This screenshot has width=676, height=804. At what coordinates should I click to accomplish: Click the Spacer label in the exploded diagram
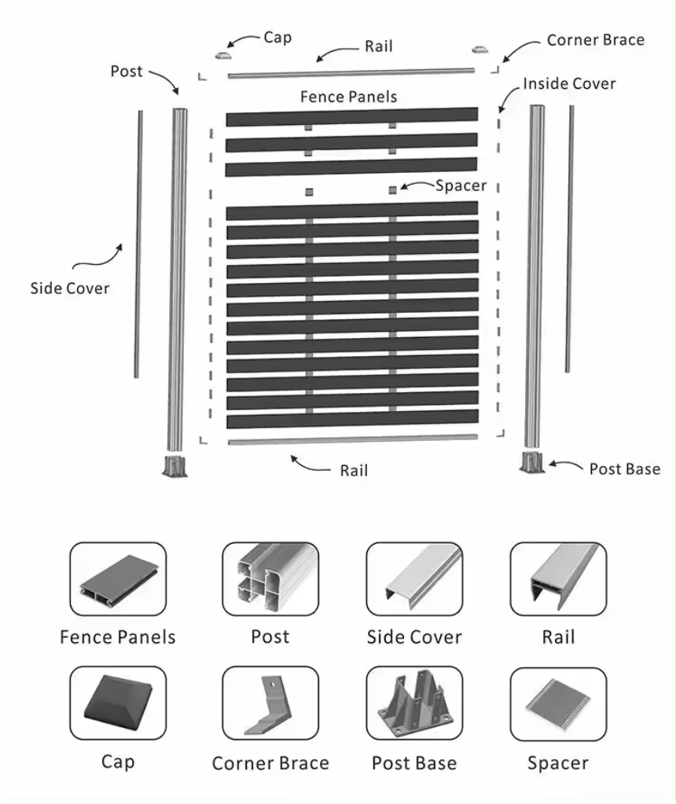[461, 185]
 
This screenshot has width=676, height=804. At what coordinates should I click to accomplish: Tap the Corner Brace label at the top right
[596, 40]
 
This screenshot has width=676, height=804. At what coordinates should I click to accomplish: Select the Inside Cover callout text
[569, 83]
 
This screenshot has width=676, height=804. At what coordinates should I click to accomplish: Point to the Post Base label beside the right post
[624, 469]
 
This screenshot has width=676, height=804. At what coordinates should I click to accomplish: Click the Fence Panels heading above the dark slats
[348, 97]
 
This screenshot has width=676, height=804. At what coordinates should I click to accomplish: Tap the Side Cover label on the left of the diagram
[70, 288]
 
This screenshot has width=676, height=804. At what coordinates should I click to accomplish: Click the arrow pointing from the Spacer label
[417, 185]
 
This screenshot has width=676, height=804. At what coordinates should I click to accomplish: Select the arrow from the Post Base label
[566, 465]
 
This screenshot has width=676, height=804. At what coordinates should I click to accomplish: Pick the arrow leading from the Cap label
[243, 41]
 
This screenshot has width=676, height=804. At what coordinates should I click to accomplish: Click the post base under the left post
[175, 465]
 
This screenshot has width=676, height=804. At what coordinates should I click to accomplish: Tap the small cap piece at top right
[479, 50]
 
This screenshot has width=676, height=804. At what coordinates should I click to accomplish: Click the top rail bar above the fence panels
[351, 72]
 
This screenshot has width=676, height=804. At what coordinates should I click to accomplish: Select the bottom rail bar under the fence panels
[353, 439]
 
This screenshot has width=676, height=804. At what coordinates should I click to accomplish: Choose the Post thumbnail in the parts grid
[270, 579]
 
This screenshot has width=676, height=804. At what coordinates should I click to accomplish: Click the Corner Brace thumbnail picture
[270, 703]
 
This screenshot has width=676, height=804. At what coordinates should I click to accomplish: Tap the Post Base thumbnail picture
[414, 703]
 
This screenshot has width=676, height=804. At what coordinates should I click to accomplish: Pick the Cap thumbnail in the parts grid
[118, 703]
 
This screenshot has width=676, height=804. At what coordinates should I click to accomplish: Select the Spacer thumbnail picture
[558, 704]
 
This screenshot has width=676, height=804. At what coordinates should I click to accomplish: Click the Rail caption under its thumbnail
[558, 637]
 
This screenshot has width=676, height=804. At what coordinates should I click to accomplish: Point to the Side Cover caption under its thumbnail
[414, 637]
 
